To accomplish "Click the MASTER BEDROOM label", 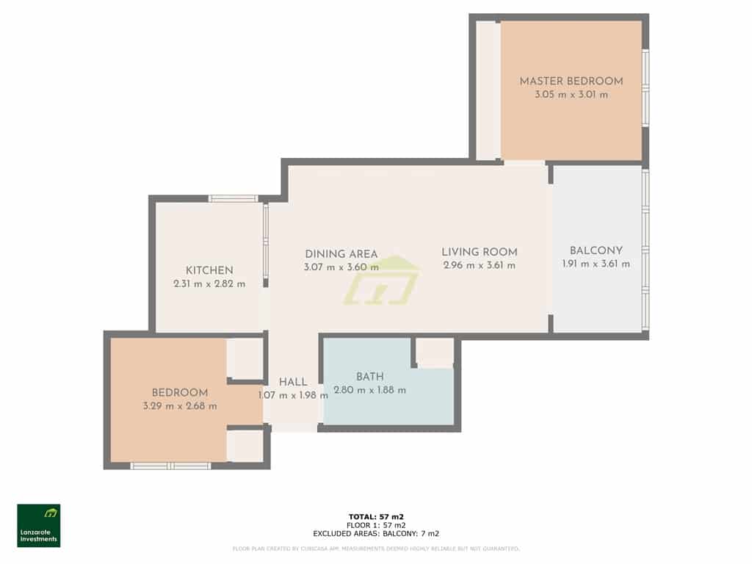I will coord(571,82).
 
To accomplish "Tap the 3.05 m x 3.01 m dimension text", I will coord(571,95).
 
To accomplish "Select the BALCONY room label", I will coord(596,250).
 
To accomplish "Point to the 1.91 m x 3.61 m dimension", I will coord(596,264).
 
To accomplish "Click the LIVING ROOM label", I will coord(480,252).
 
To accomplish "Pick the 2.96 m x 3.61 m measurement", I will coord(480,266).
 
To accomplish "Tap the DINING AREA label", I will coord(341,254).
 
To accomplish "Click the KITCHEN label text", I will coord(209,270).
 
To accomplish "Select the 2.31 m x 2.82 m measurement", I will coord(209,284).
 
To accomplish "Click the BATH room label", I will coord(370,377).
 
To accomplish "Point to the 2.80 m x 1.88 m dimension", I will coord(369,391).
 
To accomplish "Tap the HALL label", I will coord(293,382).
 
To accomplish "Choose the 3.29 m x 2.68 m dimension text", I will coord(180,406).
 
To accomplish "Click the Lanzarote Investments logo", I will coord(39,525).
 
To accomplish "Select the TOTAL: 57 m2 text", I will coord(375,516).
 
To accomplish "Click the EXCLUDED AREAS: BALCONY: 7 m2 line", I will coord(375,534).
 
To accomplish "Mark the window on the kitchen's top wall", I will coord(233,198).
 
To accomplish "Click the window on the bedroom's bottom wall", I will coord(170,466).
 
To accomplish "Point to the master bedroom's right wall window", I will coord(646,88).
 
